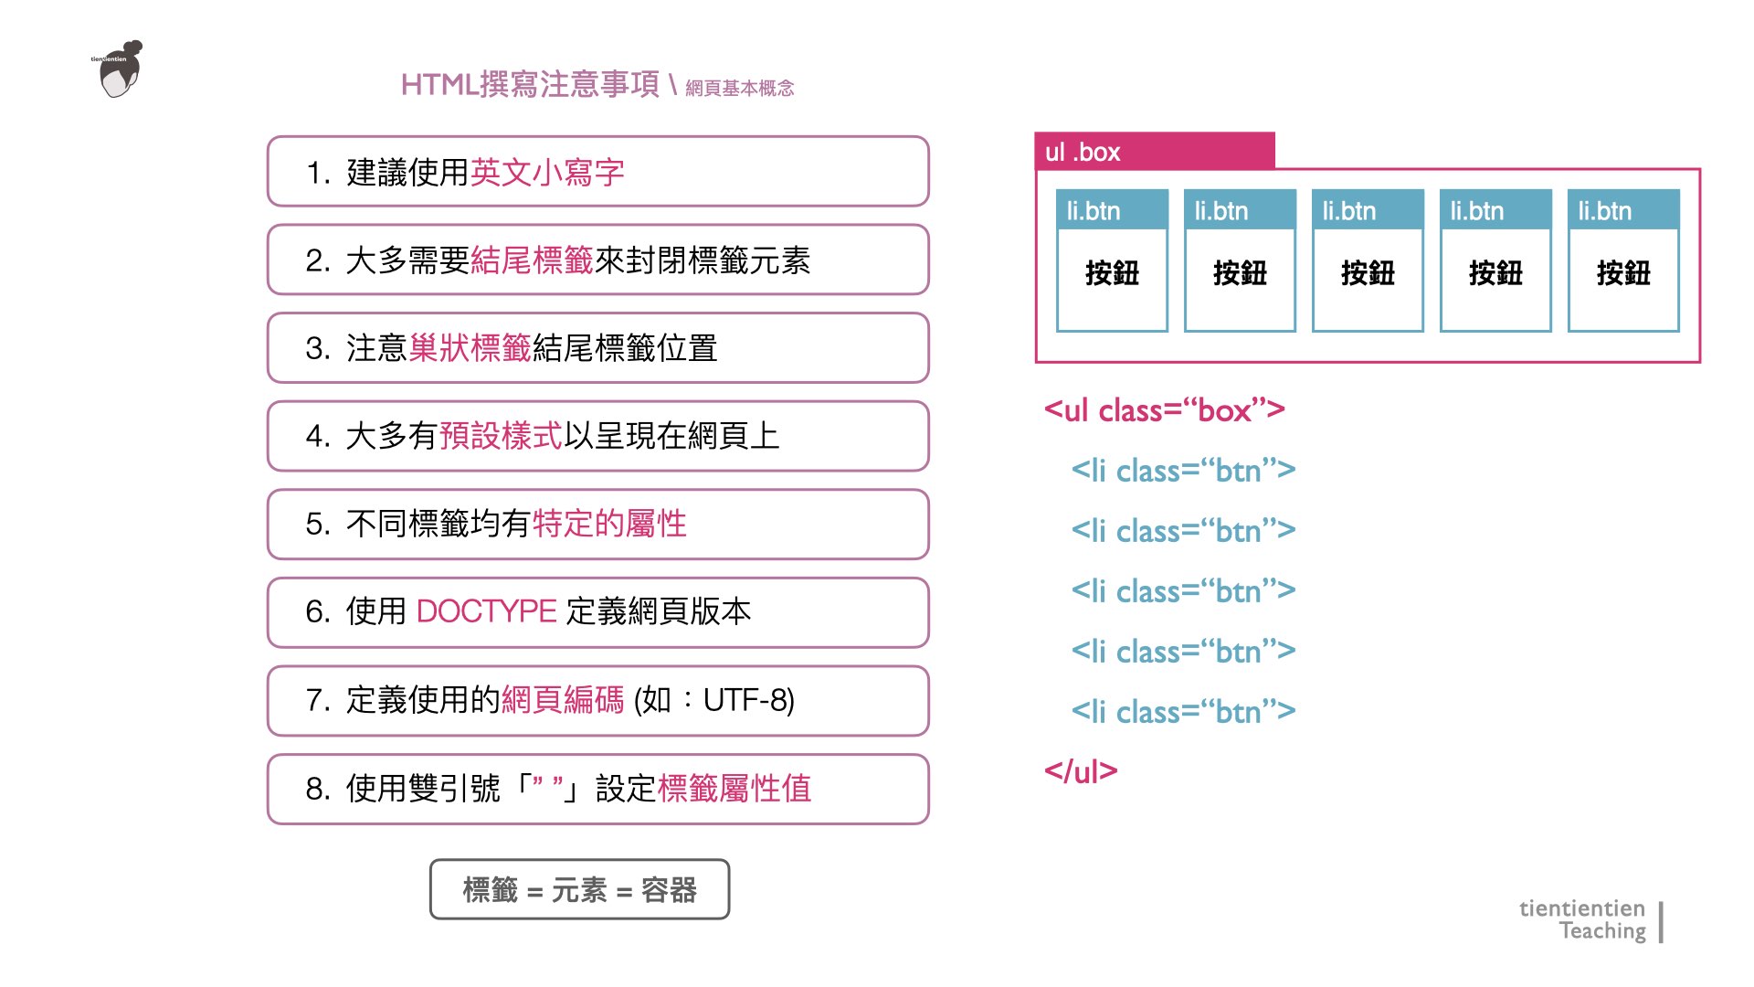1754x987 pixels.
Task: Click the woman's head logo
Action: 120,69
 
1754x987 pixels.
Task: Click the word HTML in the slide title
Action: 439,85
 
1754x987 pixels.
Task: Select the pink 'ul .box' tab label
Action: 1083,152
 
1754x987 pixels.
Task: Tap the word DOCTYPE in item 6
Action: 486,611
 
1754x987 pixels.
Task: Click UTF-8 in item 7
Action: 748,700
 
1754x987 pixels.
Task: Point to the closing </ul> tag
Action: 1081,771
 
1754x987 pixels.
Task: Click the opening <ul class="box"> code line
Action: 1164,410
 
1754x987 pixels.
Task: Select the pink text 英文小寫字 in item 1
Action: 546,173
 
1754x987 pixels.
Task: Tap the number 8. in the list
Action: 318,789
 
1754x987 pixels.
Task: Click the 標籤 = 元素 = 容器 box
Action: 579,889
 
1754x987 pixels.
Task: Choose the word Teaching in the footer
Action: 1601,931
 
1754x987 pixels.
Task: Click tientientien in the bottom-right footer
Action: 1581,908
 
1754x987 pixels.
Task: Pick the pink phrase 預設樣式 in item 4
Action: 501,436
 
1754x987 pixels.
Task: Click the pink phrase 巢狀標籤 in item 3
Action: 470,348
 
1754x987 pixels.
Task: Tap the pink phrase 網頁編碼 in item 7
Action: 562,700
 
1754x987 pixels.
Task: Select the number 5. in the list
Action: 318,525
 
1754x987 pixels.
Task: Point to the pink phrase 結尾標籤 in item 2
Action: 532,260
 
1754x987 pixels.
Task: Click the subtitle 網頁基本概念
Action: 739,89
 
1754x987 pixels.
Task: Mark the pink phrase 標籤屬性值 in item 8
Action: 734,789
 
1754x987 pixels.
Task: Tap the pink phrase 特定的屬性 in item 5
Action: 608,525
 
